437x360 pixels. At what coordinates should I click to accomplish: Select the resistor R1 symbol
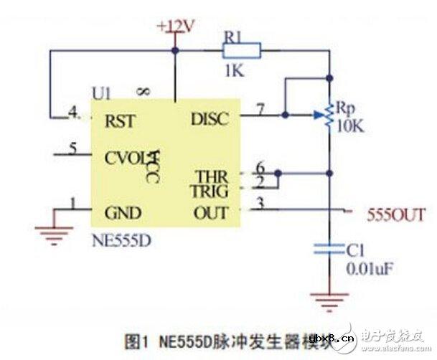pos(240,50)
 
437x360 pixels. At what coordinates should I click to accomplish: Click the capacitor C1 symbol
pos(329,250)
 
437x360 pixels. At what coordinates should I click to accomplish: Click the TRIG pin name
pos(210,191)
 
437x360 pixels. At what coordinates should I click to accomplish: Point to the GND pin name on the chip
pos(122,213)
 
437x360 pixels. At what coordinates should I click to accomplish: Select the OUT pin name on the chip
pos(211,213)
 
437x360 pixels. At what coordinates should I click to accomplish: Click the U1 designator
pos(102,93)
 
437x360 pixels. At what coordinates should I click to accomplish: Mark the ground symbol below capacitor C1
pos(329,296)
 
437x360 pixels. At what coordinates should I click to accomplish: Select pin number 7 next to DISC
pos(262,108)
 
